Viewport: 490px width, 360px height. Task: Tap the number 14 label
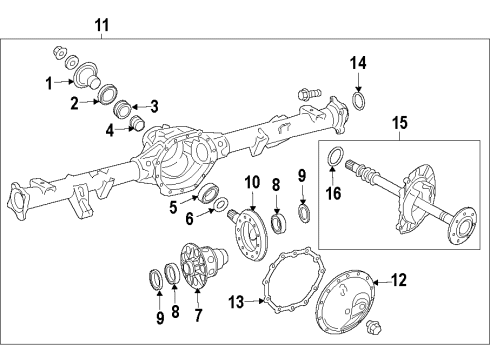click(x=358, y=64)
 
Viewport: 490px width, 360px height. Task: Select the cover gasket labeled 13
click(x=289, y=284)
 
